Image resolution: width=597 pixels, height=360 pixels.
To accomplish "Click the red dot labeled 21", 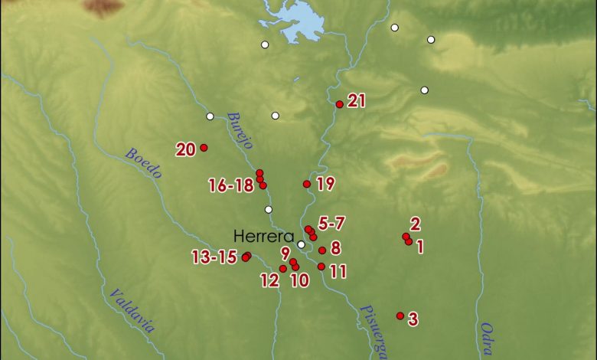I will click(339, 104).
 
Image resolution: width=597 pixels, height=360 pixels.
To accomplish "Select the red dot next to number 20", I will click(204, 147).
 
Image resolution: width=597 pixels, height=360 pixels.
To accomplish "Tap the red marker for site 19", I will click(307, 184).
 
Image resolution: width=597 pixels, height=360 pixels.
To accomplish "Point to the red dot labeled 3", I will click(400, 316).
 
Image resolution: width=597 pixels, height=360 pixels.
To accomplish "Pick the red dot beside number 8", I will click(322, 250).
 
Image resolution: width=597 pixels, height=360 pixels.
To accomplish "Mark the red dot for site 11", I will click(321, 267).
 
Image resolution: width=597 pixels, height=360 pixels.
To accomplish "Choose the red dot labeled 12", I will click(283, 269).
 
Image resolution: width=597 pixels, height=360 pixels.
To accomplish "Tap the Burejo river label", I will click(240, 130).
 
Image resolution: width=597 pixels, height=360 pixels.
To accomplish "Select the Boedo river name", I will click(143, 163).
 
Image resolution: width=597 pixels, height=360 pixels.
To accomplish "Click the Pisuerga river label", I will click(372, 329).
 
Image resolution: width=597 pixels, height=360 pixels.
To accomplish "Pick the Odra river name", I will click(487, 339).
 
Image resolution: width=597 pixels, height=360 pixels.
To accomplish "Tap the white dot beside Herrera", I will click(302, 245).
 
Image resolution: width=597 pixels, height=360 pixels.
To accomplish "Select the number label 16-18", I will click(230, 185).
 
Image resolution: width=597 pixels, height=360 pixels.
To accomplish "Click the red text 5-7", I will click(331, 224).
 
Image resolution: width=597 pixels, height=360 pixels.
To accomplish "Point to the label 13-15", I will click(214, 257).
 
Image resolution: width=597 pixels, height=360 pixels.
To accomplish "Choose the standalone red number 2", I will click(415, 224).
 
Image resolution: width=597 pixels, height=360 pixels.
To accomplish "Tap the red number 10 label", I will click(299, 280).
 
